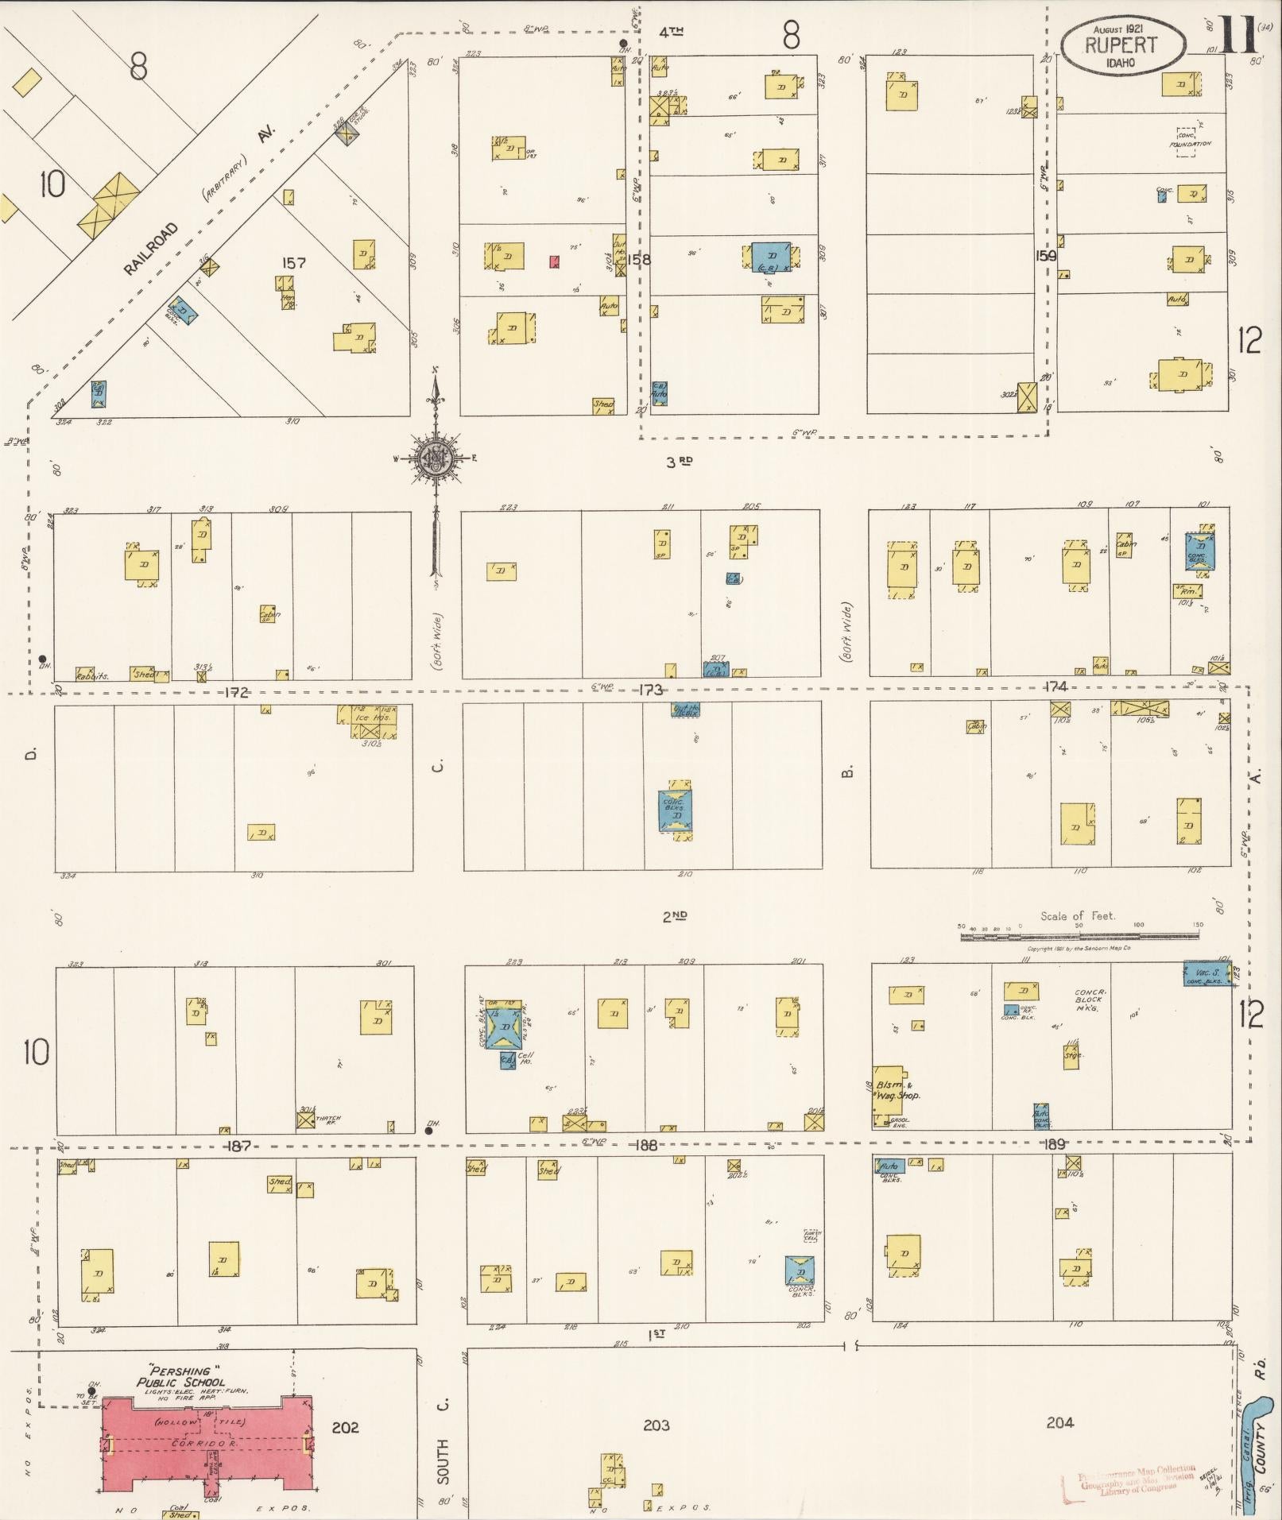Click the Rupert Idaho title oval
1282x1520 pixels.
(1123, 45)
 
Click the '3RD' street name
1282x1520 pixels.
(678, 462)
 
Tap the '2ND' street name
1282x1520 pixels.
(675, 916)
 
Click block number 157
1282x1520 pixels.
(294, 262)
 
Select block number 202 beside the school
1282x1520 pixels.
(345, 1428)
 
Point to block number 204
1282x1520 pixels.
(1059, 1422)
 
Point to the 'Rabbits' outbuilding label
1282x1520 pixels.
(92, 675)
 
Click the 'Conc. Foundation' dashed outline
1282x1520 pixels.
(1187, 141)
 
